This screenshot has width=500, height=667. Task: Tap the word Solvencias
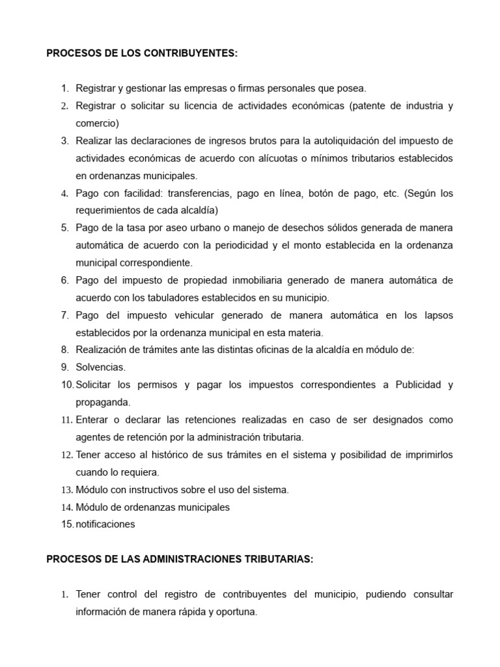101,367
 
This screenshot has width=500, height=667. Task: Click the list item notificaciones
105,524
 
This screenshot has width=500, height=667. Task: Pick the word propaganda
103,403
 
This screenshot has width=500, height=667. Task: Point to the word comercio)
98,123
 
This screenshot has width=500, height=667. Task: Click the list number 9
64,367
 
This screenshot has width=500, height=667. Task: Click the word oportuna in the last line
237,612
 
